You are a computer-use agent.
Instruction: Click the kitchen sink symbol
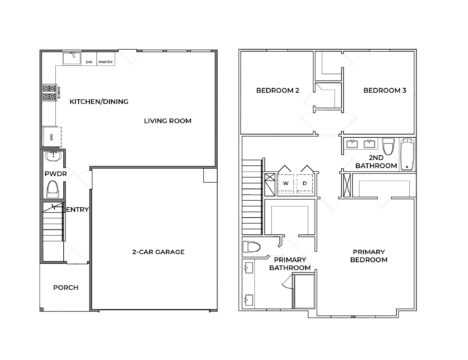coord(72,58)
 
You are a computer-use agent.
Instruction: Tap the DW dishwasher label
coord(89,62)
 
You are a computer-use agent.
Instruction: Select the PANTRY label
coord(106,62)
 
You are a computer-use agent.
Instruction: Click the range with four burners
coord(49,92)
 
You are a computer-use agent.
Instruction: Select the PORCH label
coord(66,288)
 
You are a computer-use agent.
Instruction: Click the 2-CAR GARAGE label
coord(158,252)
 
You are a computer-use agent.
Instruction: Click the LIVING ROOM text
coord(168,121)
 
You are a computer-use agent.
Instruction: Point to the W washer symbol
coord(286,183)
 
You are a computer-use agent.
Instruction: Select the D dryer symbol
coord(305,183)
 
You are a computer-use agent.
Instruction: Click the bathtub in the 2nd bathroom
coord(408,154)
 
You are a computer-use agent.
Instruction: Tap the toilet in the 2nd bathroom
coord(388,146)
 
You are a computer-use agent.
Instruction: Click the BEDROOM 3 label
coord(385,90)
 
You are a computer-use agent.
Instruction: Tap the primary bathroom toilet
coord(251,247)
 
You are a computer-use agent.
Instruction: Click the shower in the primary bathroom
coord(304,291)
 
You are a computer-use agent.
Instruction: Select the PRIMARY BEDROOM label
coord(369,256)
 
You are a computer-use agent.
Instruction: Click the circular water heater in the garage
coord(210,175)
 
